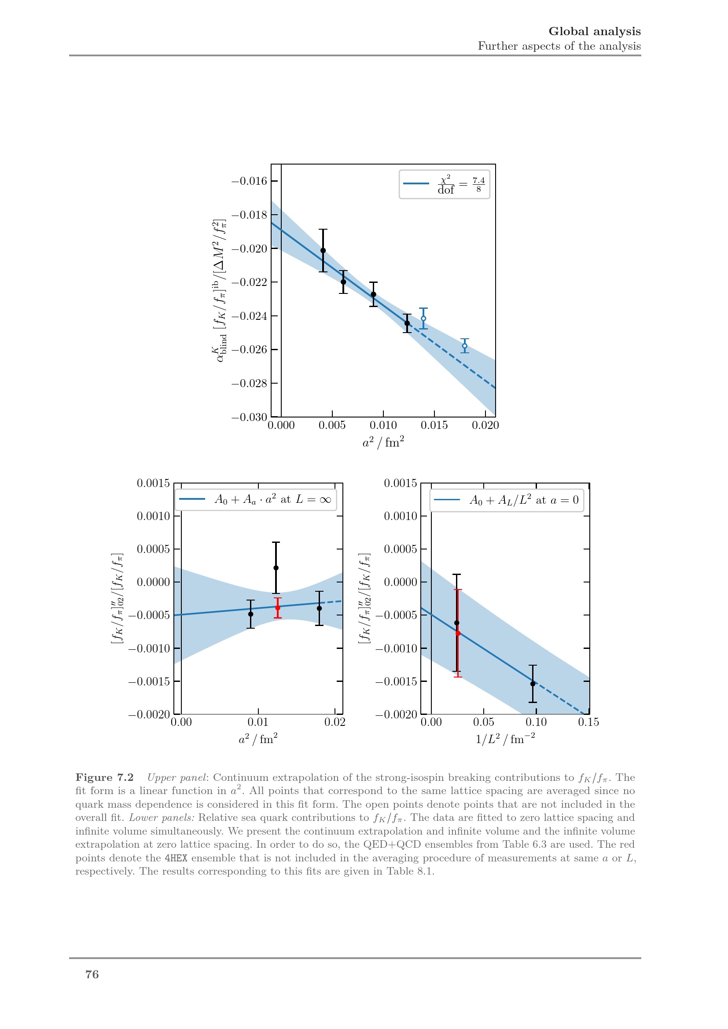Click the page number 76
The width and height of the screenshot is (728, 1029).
pyautogui.click(x=92, y=974)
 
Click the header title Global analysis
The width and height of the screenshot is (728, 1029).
pyautogui.click(x=594, y=31)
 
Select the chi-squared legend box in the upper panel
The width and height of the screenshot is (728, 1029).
pyautogui.click(x=444, y=184)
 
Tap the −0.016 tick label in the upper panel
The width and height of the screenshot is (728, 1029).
pyautogui.click(x=249, y=181)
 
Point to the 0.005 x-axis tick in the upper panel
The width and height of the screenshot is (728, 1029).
pyautogui.click(x=332, y=425)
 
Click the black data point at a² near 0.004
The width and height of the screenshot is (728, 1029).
pyautogui.click(x=323, y=250)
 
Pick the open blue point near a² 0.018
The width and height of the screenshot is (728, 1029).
pyautogui.click(x=464, y=345)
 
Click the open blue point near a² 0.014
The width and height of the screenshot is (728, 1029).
pyautogui.click(x=423, y=319)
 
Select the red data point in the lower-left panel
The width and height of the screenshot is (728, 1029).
pyautogui.click(x=277, y=608)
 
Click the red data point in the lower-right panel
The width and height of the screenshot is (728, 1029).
pyautogui.click(x=458, y=633)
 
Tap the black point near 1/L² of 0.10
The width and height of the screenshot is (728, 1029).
pyautogui.click(x=533, y=684)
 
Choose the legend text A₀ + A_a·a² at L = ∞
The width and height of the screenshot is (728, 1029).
pyautogui.click(x=272, y=500)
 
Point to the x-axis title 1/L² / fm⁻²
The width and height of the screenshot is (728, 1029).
pyautogui.click(x=505, y=739)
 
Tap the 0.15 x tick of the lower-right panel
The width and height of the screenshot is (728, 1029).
pyautogui.click(x=588, y=722)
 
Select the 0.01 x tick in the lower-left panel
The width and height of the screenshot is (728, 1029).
pyautogui.click(x=258, y=722)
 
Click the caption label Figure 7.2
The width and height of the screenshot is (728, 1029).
pyautogui.click(x=104, y=777)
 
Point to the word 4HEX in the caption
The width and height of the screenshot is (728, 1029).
pyautogui.click(x=176, y=858)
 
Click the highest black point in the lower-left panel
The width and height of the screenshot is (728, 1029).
pyautogui.click(x=276, y=568)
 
